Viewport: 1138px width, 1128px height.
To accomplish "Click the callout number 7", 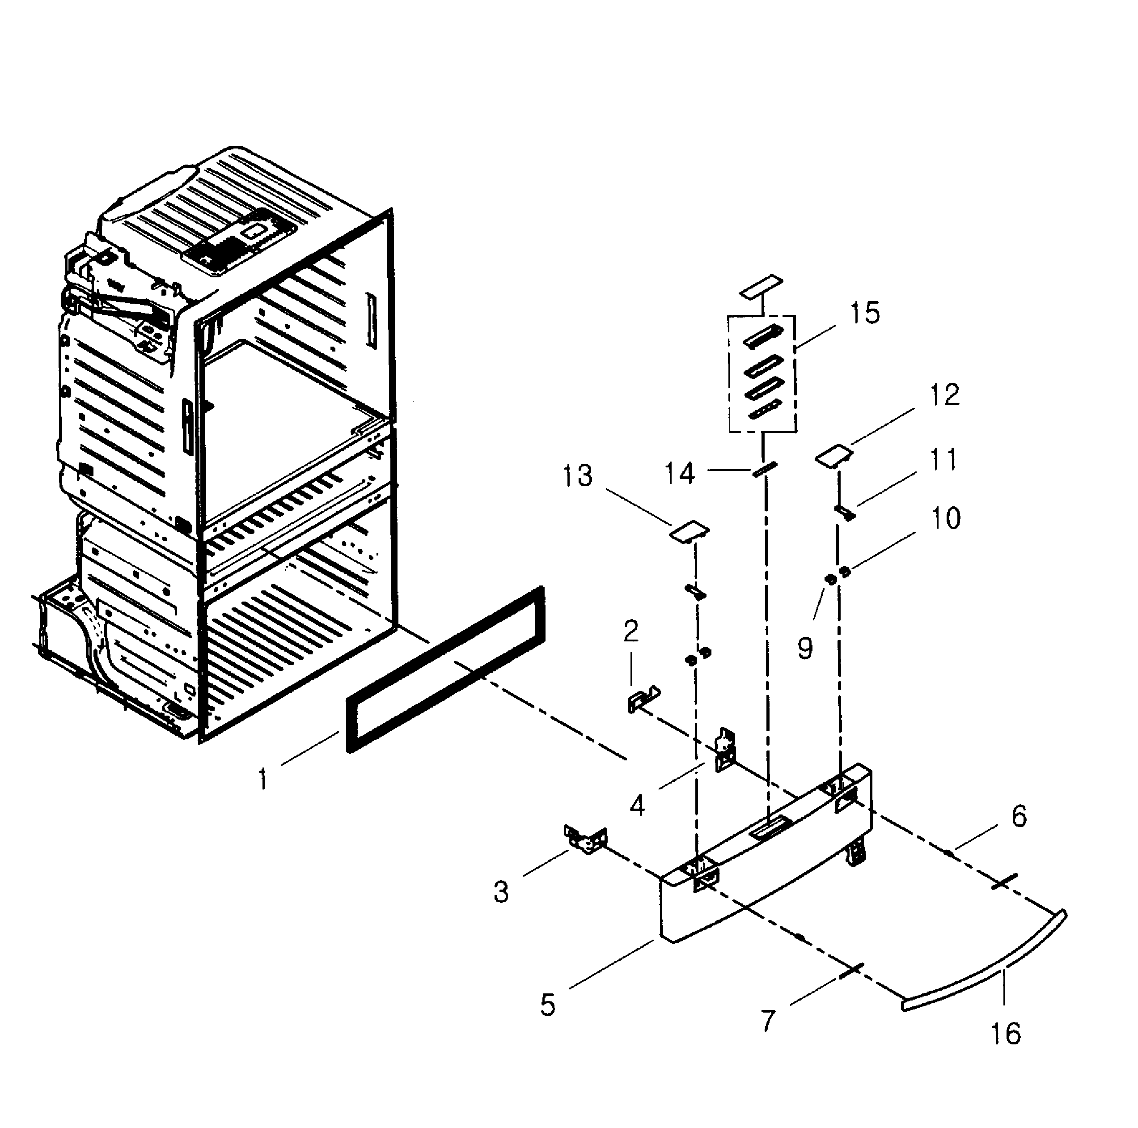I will click(767, 1021).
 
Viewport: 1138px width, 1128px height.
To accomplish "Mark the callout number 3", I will click(501, 892).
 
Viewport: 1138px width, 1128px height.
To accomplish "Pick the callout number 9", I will click(805, 648).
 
